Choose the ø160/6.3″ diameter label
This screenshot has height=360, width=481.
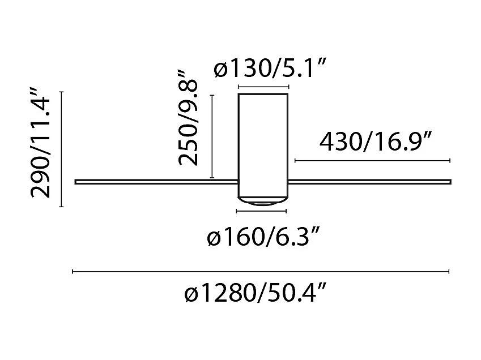tap(265, 238)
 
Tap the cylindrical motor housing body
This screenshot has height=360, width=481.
tap(263, 144)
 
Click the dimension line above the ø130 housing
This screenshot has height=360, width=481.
tap(263, 87)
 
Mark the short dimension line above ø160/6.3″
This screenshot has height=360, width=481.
tap(261, 211)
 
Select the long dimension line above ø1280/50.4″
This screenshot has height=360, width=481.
tap(261, 272)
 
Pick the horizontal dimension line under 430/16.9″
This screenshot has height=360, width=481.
tap(372, 161)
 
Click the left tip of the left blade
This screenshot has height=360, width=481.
tap(76, 182)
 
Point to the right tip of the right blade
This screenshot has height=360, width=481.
tap(450, 182)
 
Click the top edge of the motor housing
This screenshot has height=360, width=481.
tap(263, 94)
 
